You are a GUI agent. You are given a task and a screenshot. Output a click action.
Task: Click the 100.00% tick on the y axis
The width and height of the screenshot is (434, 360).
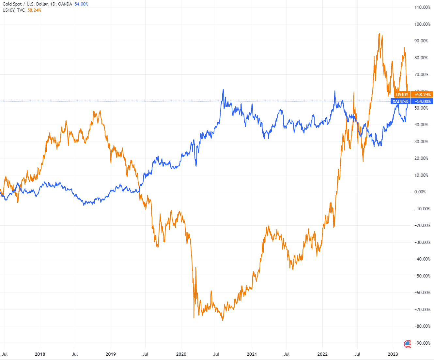[422, 24]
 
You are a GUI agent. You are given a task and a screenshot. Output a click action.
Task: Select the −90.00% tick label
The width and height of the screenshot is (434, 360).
[422, 343]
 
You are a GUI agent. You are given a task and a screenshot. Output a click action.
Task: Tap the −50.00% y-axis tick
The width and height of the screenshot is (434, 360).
[422, 276]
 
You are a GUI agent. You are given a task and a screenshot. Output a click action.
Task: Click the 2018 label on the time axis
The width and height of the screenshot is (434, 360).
[40, 354]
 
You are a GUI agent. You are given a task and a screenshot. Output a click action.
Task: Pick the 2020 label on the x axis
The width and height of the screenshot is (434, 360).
[181, 354]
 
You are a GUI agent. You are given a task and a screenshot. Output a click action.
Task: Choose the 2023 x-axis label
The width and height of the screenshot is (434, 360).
[393, 354]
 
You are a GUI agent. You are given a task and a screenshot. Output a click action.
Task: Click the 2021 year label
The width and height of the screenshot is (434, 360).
[252, 354]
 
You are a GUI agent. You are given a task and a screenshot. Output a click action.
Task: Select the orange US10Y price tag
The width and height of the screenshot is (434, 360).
[402, 95]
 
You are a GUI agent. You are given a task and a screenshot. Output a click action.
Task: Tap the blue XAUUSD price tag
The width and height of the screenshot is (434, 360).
[400, 101]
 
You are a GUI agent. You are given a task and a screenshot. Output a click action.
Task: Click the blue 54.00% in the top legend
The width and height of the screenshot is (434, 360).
[81, 4]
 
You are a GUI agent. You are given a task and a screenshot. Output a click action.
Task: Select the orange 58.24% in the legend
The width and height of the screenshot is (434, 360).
[34, 10]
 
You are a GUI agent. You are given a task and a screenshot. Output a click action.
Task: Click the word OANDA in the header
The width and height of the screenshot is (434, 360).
[65, 4]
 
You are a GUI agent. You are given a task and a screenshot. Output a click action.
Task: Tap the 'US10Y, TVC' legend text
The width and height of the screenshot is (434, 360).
[14, 10]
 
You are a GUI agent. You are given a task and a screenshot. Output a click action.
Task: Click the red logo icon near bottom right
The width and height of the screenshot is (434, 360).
[407, 343]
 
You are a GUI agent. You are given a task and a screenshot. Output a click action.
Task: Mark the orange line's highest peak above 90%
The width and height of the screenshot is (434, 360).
[379, 34]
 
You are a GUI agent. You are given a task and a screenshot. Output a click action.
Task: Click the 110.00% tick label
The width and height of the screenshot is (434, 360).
[422, 7]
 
